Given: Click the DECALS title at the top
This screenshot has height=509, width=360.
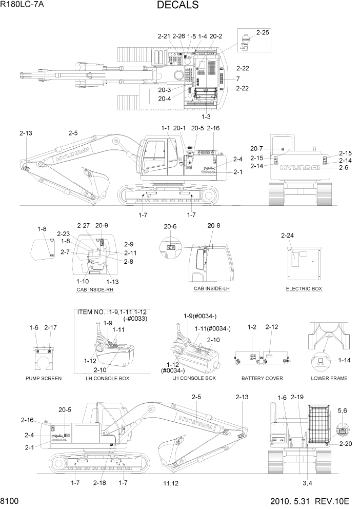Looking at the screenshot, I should click(x=178, y=6).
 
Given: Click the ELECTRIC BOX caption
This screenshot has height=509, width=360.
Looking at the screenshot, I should click(x=304, y=289).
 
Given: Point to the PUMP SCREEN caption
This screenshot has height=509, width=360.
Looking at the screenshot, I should click(x=44, y=378).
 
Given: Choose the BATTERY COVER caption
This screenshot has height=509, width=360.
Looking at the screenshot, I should click(x=262, y=378).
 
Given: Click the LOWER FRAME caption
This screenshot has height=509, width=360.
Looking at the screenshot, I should click(x=329, y=378).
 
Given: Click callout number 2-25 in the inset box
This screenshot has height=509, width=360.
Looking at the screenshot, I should click(x=262, y=32).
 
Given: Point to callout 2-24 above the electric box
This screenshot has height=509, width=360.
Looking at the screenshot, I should click(x=288, y=236).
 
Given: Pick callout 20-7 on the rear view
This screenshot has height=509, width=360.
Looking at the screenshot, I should click(x=256, y=148).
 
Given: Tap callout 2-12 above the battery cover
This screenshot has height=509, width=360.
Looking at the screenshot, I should click(x=272, y=327).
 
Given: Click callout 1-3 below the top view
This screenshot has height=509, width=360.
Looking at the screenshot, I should click(x=206, y=116).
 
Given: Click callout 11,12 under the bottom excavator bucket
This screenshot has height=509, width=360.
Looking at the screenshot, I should click(x=170, y=483).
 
